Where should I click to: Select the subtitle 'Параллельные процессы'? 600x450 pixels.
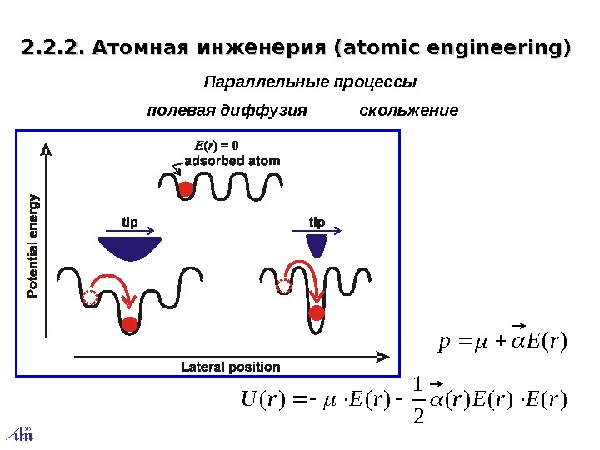(310, 83)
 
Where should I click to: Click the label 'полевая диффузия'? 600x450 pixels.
(227, 110)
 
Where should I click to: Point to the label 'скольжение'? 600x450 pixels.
(408, 110)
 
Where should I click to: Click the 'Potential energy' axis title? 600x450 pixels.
(33, 245)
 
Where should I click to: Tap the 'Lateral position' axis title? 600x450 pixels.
(231, 367)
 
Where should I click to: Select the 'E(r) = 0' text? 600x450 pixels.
(217, 147)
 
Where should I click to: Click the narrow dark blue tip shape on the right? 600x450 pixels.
(317, 245)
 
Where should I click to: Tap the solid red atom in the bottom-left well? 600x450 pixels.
(129, 323)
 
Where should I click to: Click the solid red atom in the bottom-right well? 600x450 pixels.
(317, 313)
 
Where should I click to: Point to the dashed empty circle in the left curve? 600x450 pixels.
(90, 298)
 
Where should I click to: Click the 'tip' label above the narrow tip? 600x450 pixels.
(317, 222)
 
